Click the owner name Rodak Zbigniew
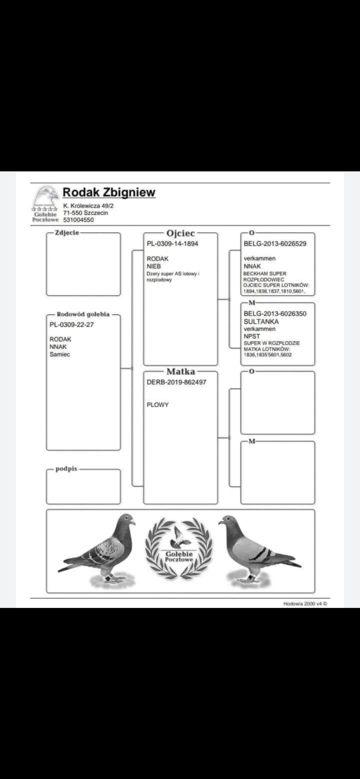tap(109, 193)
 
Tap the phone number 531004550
tap(78, 220)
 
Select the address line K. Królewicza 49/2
tap(88, 206)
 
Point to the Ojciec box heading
tap(180, 233)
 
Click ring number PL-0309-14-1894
tap(172, 244)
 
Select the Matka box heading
tap(180, 372)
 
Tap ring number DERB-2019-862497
tap(176, 382)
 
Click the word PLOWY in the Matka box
tap(157, 405)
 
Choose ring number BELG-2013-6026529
tap(275, 244)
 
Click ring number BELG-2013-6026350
tap(275, 314)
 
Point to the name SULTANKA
tap(261, 322)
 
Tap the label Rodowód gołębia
tap(83, 314)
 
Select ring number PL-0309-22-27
tap(72, 325)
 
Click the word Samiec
tap(60, 355)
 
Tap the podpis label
tap(67, 469)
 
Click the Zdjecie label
tap(67, 233)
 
